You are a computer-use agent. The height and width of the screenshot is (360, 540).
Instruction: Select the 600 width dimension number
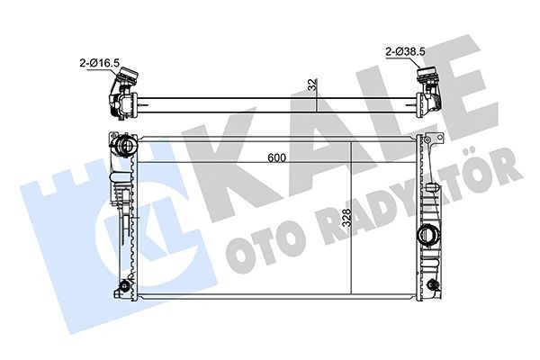pos(277,157)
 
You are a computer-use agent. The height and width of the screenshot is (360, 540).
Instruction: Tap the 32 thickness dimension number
pos(310,85)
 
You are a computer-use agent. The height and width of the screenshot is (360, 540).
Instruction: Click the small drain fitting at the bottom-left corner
pos(118,288)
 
